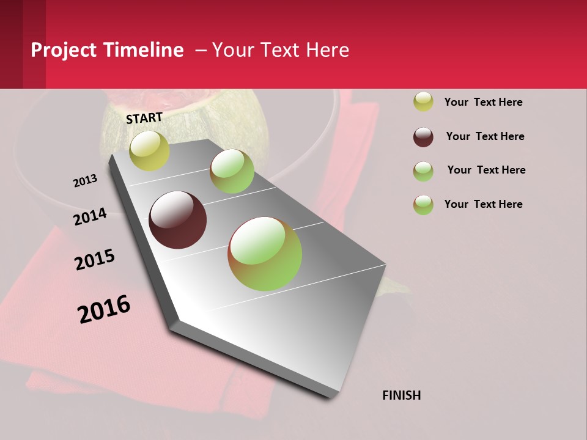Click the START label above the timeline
coord(144,118)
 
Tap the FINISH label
coord(401,395)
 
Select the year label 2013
coord(85,181)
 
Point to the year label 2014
coord(90,217)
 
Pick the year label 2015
coord(95,260)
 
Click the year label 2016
coord(104,309)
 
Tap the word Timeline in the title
coord(143,50)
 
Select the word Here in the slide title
coord(327,50)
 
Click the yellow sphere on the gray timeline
coord(149,150)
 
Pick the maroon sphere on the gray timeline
coord(177,220)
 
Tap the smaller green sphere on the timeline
coord(232,171)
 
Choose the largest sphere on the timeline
coord(265,254)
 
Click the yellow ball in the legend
coord(423,101)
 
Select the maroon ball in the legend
coord(423,137)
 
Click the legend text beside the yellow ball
coord(483,102)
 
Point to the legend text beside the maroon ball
coord(485,136)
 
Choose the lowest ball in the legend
coord(423,205)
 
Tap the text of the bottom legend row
coord(483,204)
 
